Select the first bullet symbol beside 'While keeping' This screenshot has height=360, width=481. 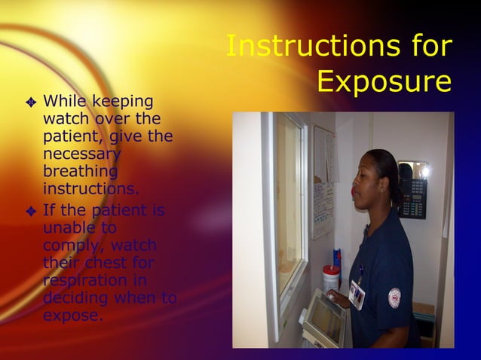31,102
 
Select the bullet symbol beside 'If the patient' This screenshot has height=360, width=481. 31,210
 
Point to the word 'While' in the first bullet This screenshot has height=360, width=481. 65,101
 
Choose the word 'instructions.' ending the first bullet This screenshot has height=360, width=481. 91,188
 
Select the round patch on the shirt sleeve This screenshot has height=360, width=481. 394,297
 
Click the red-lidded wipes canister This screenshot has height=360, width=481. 331,277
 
